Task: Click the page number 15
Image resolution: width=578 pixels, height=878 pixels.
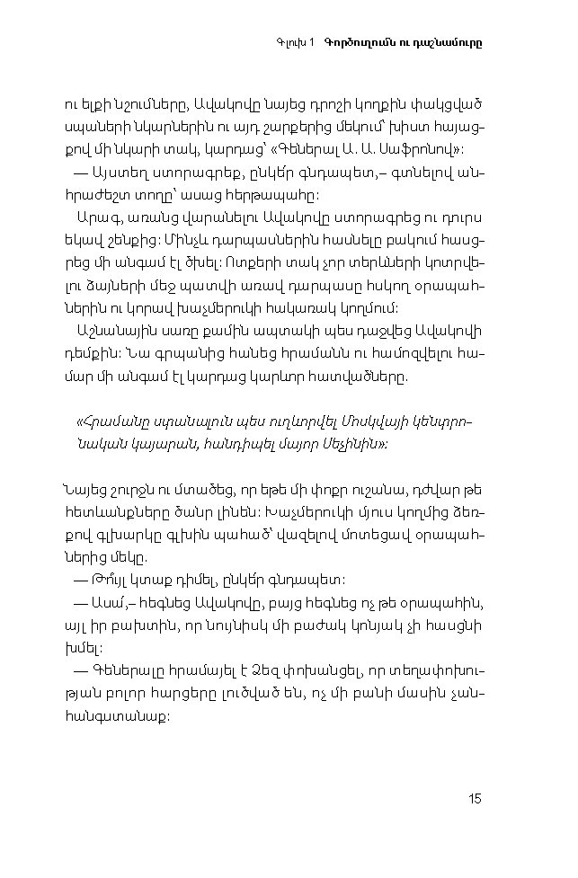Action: coord(475,799)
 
